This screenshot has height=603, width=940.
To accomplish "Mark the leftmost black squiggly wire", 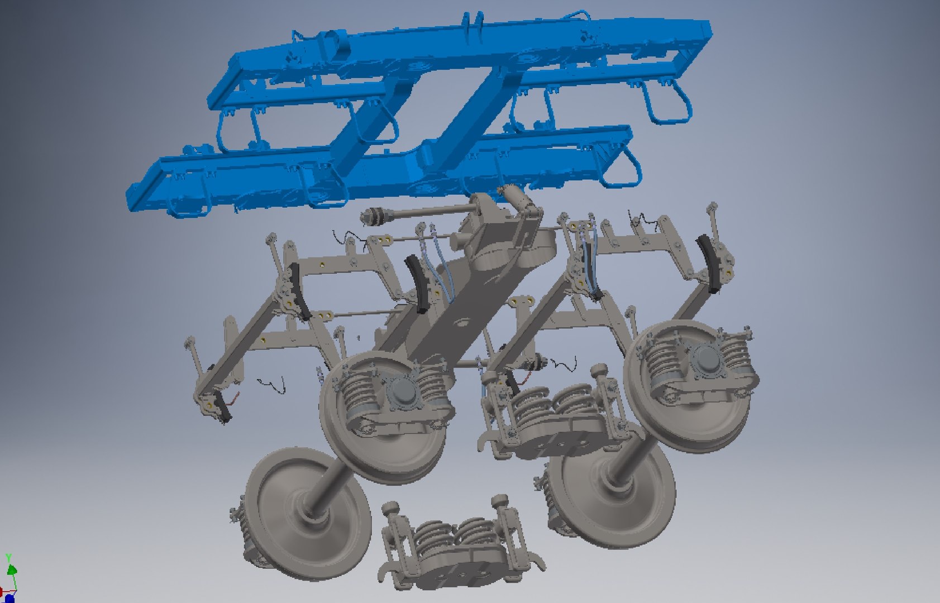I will tap(271, 385).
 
